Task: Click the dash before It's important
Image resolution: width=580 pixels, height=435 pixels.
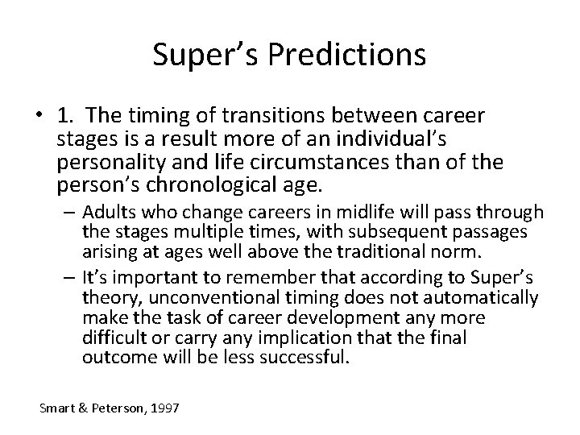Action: coord(67,275)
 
